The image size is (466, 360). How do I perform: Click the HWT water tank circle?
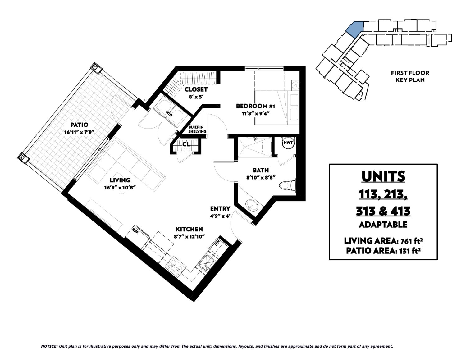coord(288,143)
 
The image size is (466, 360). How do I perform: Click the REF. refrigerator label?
coord(135,230)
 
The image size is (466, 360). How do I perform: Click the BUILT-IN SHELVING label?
coord(197,129)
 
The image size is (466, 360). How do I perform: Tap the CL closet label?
coord(186,144)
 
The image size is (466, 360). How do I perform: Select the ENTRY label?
coord(220,208)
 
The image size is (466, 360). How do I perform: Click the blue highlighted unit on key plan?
coord(355,30)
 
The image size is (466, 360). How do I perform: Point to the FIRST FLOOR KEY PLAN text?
coord(410,76)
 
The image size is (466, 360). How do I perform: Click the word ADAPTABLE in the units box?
coord(383,224)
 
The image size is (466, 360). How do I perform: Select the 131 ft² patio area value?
coord(408,250)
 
